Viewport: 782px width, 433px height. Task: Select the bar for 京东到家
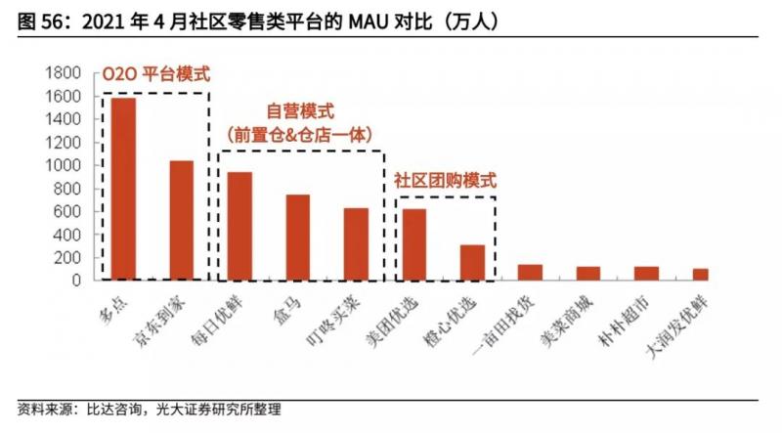[182, 220]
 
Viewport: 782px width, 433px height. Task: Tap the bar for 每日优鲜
[239, 226]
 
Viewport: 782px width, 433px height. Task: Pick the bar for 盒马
[298, 238]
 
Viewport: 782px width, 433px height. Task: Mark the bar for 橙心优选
[472, 262]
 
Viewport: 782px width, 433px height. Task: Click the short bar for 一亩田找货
[530, 273]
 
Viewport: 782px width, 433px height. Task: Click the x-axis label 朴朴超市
[641, 317]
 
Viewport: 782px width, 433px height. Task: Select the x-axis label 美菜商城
[584, 317]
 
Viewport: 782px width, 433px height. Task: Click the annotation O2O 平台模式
[156, 73]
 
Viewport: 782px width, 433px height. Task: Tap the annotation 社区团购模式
[445, 181]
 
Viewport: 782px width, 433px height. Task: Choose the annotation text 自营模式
[299, 111]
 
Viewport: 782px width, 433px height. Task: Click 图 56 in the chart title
[29, 21]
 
